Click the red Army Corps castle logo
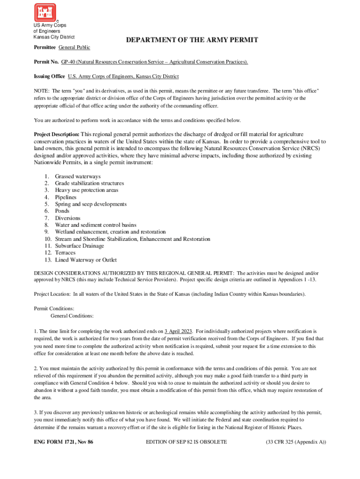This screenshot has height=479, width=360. pos(45,12)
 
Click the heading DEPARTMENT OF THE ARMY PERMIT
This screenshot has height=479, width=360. pos(192,40)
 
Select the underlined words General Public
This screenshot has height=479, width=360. pos(74,48)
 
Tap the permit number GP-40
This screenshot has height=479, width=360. pos(68,62)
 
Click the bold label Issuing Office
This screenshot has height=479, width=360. pos(49,76)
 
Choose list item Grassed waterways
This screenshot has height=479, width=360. pos(78,176)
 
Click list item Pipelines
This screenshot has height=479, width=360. pos(65,197)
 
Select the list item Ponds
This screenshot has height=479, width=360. pos(62,211)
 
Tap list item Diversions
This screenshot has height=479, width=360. pos(67,218)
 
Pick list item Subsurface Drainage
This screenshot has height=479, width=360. pos(79,246)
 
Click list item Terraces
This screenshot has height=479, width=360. pos(65,253)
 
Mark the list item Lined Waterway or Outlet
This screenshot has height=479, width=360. pos(86,260)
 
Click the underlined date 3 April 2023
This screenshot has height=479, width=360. pos(178,331)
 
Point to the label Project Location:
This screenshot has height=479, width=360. pos(52,294)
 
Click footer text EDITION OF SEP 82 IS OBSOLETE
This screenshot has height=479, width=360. pos(187,442)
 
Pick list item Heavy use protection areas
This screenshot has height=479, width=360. pos(86,190)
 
